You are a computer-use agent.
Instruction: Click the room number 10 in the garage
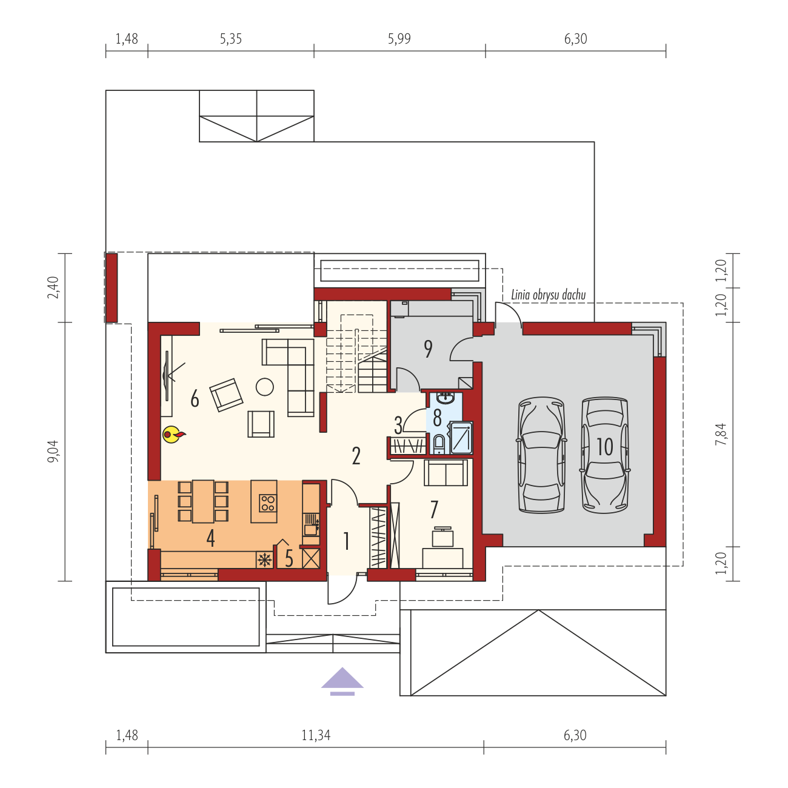pos(604,447)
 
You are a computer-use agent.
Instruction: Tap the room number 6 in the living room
pos(195,398)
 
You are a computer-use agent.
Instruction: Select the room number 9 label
pos(428,349)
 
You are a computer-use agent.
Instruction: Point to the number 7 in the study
pos(434,509)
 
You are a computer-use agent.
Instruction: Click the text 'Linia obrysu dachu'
pos(548,295)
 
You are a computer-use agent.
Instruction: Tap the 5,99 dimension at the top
pos(399,39)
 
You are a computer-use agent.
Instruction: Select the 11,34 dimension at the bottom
pos(316,736)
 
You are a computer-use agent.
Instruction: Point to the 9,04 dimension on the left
pos(53,451)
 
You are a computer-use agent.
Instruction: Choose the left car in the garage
pos(541,455)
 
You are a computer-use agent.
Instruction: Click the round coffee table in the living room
pos(264,387)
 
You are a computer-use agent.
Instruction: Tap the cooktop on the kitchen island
pos(268,503)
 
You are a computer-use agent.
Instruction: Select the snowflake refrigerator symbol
pos(264,559)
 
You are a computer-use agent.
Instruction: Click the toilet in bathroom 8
pos(438,444)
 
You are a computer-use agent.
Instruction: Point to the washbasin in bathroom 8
pos(446,398)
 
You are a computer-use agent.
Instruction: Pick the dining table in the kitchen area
pos(203,502)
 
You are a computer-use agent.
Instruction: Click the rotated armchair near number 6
pos(226,395)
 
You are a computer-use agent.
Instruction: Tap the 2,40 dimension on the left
pos(53,287)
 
